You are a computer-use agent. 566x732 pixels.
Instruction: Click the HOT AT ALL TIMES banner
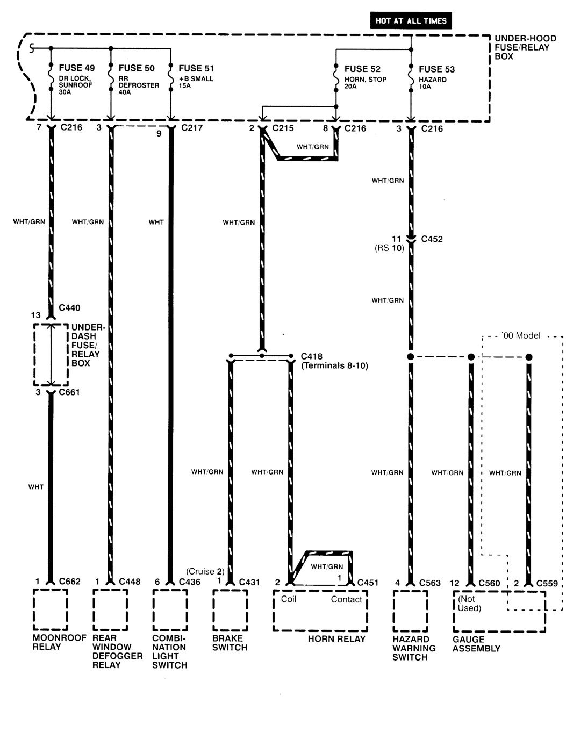pyautogui.click(x=411, y=21)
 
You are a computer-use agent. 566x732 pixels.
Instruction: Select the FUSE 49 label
pyautogui.click(x=76, y=68)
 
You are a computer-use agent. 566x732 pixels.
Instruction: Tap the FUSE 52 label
pyautogui.click(x=362, y=69)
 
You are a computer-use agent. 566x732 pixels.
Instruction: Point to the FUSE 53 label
pyautogui.click(x=436, y=69)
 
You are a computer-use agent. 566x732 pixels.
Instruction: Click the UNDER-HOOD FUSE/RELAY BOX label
pyautogui.click(x=514, y=47)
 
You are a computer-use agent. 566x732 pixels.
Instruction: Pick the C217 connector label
pyautogui.click(x=192, y=128)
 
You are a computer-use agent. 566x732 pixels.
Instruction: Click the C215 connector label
pyautogui.click(x=283, y=128)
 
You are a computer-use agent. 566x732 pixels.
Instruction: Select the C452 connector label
pyautogui.click(x=432, y=239)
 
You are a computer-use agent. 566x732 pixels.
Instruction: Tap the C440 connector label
pyautogui.click(x=69, y=308)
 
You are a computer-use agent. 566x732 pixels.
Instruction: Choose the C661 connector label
pyautogui.click(x=69, y=392)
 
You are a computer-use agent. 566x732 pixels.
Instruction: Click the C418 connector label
pyautogui.click(x=312, y=356)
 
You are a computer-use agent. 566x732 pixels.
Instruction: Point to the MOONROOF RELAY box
pyautogui.click(x=51, y=609)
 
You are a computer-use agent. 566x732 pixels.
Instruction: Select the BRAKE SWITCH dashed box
pyautogui.click(x=230, y=609)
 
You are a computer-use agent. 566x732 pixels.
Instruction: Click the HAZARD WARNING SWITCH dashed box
pyautogui.click(x=410, y=611)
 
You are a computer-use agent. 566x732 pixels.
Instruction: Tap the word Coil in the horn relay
pyautogui.click(x=289, y=599)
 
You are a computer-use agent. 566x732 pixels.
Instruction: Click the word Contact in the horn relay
pyautogui.click(x=346, y=600)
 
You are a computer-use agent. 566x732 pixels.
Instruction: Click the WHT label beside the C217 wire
pyautogui.click(x=156, y=222)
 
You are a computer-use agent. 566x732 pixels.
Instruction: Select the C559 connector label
pyautogui.click(x=547, y=583)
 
